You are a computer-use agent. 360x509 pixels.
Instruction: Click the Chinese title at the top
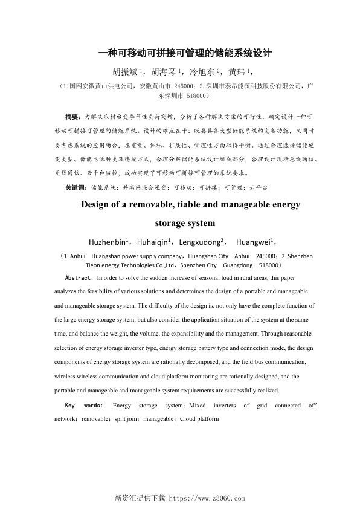click(185, 53)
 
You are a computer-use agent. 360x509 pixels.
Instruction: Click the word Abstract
click(78, 277)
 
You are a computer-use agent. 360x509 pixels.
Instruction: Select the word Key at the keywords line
click(70, 405)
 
